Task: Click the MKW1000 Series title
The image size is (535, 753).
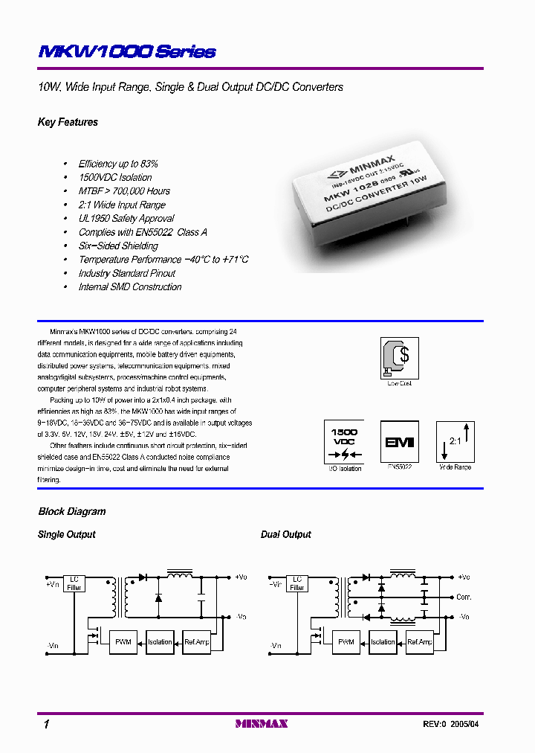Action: point(127,52)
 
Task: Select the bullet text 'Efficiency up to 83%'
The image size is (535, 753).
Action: point(118,164)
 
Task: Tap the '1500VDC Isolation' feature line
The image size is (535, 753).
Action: point(115,178)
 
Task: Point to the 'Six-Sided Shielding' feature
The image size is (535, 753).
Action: point(118,246)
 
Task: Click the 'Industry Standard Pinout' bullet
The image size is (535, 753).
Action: point(127,273)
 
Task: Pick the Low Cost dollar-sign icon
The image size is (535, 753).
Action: point(399,358)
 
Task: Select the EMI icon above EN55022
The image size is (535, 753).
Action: point(399,441)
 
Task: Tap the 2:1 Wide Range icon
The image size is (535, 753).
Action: point(455,441)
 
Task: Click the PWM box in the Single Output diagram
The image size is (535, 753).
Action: point(123,642)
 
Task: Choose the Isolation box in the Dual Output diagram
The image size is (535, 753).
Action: point(383,642)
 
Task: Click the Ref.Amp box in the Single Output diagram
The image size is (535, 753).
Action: point(197,642)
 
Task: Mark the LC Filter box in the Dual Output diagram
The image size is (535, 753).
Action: point(297,583)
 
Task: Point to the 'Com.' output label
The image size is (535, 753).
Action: point(464,597)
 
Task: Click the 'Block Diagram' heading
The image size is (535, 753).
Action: point(72,512)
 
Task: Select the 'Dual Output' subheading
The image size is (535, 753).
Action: point(286,535)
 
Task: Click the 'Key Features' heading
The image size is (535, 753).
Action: point(68,122)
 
